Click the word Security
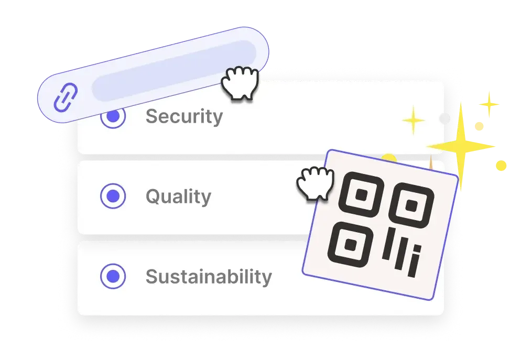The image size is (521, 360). [184, 117]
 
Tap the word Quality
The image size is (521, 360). [178, 197]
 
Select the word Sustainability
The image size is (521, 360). [209, 277]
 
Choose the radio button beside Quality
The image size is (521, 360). [113, 196]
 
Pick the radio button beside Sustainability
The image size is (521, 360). [113, 276]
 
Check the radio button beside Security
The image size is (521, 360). [113, 117]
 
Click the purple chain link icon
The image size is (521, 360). [66, 97]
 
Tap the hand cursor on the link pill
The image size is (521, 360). [240, 83]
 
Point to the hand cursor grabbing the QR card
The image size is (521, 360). [315, 183]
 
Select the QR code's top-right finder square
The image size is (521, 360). [411, 205]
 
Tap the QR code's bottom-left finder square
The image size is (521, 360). [351, 245]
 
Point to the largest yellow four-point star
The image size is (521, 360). [461, 146]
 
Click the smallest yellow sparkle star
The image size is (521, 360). [489, 104]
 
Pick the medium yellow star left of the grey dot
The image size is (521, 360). [414, 120]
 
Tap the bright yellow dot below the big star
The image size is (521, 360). [501, 166]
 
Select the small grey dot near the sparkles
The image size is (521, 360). [444, 118]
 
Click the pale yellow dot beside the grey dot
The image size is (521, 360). [479, 126]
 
